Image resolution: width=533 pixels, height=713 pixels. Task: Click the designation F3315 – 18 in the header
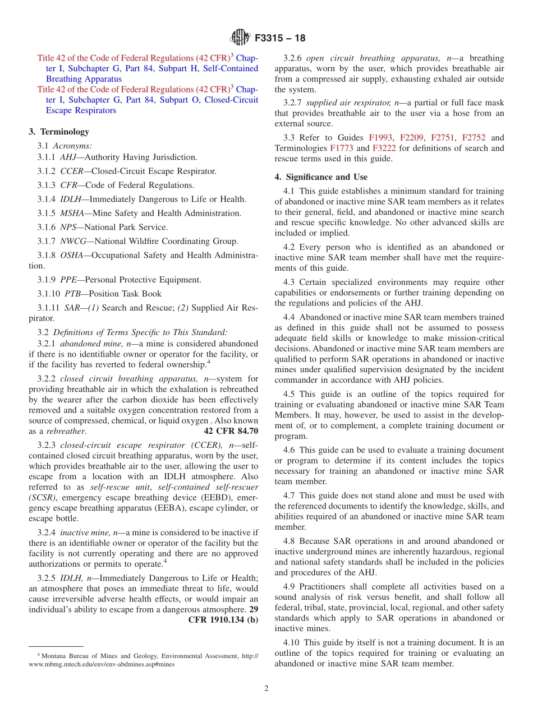pos(280,39)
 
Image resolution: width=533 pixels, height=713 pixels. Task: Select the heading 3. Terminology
pos(59,132)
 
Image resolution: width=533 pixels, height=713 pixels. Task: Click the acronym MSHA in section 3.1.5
pos(72,213)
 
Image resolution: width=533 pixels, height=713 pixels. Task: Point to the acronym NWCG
pos(73,241)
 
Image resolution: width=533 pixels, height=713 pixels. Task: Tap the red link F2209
pos(412,137)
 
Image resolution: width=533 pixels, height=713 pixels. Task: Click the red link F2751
pos(443,137)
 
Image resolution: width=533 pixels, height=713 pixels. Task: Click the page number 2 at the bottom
pos(266,688)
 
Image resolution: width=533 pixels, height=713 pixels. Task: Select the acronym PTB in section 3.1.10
pos(73,294)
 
